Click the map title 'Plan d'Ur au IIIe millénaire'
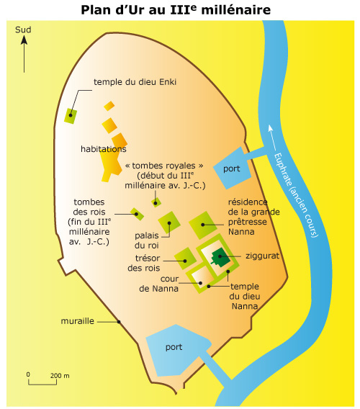pyautogui.click(x=176, y=10)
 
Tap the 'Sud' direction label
pyautogui.click(x=23, y=30)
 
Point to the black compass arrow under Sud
pyautogui.click(x=24, y=54)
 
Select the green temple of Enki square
pyautogui.click(x=71, y=116)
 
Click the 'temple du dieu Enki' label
pyautogui.click(x=135, y=82)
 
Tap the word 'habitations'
pyautogui.click(x=104, y=149)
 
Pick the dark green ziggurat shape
pyautogui.click(x=220, y=257)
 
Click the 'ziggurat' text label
pyautogui.click(x=262, y=256)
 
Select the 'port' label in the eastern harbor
pyautogui.click(x=231, y=168)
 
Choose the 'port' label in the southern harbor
pyautogui.click(x=174, y=347)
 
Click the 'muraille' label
pyautogui.click(x=78, y=321)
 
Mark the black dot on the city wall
pyautogui.click(x=119, y=322)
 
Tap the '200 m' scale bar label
pyautogui.click(x=60, y=376)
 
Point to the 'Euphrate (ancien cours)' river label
pyautogui.click(x=296, y=195)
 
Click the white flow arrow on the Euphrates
pyautogui.click(x=272, y=138)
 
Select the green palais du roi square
pyautogui.click(x=169, y=223)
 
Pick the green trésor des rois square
pyautogui.click(x=185, y=259)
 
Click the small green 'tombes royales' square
pyautogui.click(x=156, y=202)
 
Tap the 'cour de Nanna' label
pyautogui.click(x=159, y=284)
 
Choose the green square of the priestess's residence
pyautogui.click(x=203, y=225)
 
